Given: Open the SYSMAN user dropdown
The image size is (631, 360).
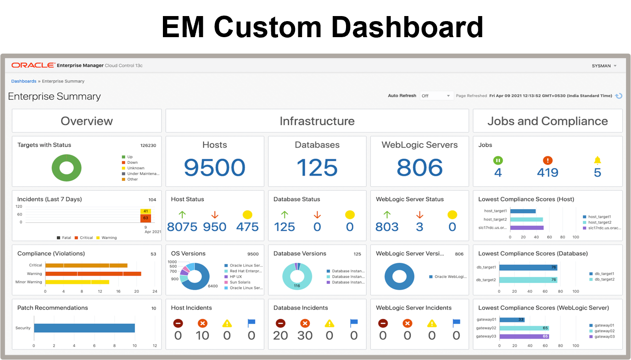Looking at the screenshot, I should [604, 66].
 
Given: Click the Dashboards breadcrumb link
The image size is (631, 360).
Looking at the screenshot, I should [24, 81].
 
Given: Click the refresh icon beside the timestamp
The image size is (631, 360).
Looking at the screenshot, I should [619, 96].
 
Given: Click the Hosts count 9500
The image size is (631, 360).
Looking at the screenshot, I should [214, 167].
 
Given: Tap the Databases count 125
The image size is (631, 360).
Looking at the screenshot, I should [317, 167].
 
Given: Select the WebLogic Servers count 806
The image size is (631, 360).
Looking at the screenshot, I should [419, 167].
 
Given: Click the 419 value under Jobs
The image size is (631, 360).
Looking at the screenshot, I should [547, 173].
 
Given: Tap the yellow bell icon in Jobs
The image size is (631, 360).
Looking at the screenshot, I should [597, 160].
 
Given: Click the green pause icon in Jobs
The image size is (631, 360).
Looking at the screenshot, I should [498, 160].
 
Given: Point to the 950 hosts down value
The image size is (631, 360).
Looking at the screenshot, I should [215, 227].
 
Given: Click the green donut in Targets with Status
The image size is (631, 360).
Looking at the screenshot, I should [67, 168].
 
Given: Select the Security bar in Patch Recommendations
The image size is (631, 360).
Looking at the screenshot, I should [84, 328].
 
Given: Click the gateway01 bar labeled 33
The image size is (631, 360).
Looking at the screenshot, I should [512, 320].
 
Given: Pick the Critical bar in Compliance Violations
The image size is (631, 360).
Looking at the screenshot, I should [86, 265].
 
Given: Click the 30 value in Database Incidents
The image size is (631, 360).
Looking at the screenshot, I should [305, 336].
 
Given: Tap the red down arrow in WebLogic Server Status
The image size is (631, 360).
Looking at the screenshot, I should [419, 215].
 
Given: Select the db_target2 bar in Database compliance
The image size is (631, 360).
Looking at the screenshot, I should [528, 280].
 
